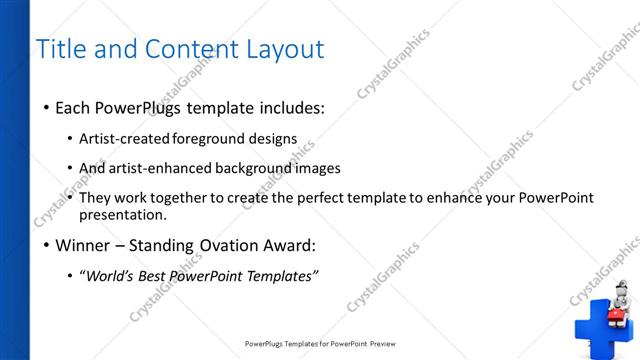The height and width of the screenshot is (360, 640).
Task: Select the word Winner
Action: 83,245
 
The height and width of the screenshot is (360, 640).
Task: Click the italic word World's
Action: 111,276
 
